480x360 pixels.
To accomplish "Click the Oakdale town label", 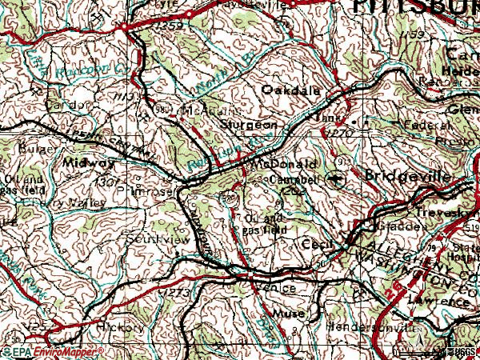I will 291,91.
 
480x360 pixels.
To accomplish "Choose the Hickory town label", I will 121,327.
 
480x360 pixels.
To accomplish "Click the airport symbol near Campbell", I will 337,179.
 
